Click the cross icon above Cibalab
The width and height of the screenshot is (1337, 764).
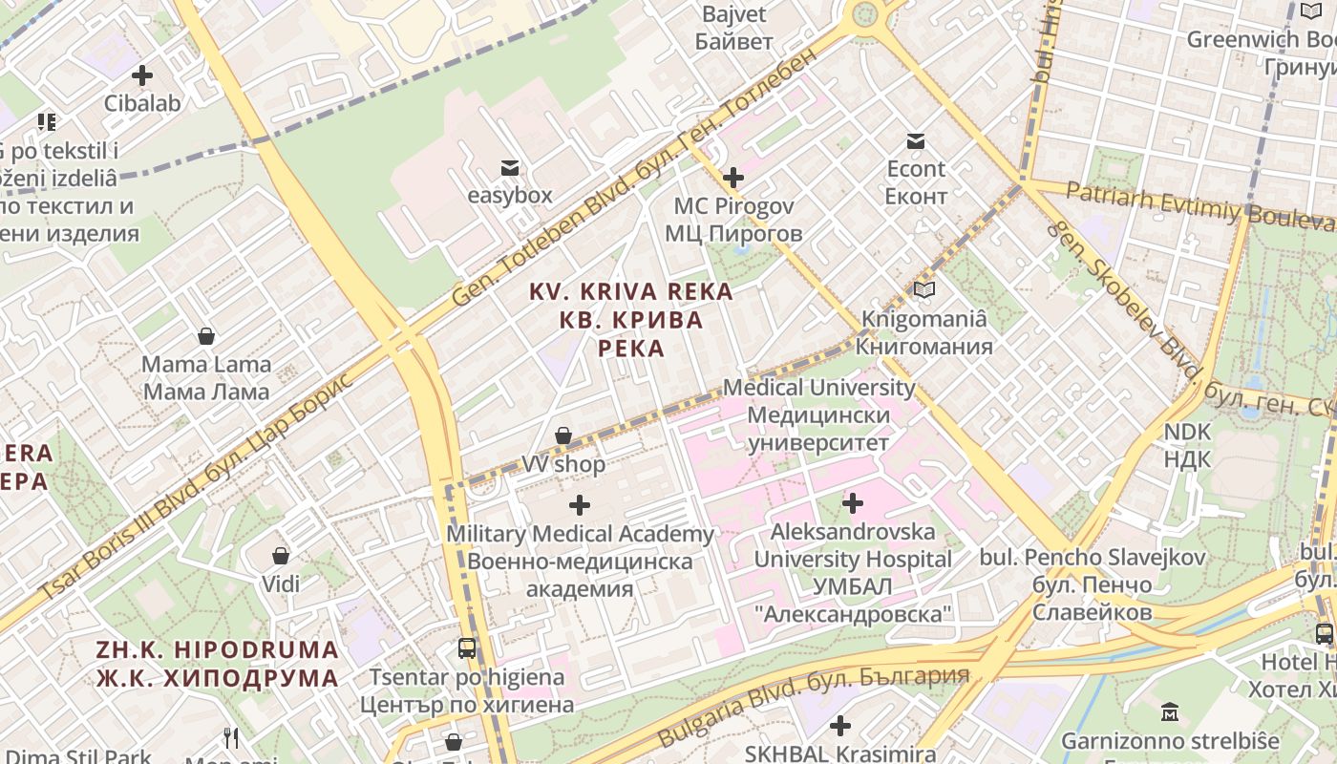[142, 75]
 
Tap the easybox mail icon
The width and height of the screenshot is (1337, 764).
[510, 168]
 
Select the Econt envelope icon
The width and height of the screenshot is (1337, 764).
[916, 141]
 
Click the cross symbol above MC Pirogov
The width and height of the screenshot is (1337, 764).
[733, 178]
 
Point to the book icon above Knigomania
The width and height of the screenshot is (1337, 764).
[923, 289]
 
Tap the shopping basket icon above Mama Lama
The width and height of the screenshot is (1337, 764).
[205, 336]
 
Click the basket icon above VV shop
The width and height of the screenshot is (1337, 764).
[563, 436]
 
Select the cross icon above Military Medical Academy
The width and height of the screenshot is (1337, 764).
[580, 505]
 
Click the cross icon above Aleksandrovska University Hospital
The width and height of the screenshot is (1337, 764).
[853, 502]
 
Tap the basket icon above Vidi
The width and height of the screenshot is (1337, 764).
[281, 556]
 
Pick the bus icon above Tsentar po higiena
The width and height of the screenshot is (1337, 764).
[467, 648]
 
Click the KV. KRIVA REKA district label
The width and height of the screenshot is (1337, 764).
[631, 320]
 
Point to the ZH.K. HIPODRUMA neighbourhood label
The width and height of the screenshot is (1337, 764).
[218, 665]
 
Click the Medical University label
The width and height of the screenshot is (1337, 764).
[818, 415]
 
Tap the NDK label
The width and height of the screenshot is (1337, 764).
[1187, 445]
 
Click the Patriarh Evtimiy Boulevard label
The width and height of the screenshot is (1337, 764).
[1199, 205]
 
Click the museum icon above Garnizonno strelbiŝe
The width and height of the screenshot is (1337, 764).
[1170, 711]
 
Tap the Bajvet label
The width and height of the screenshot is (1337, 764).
[734, 28]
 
